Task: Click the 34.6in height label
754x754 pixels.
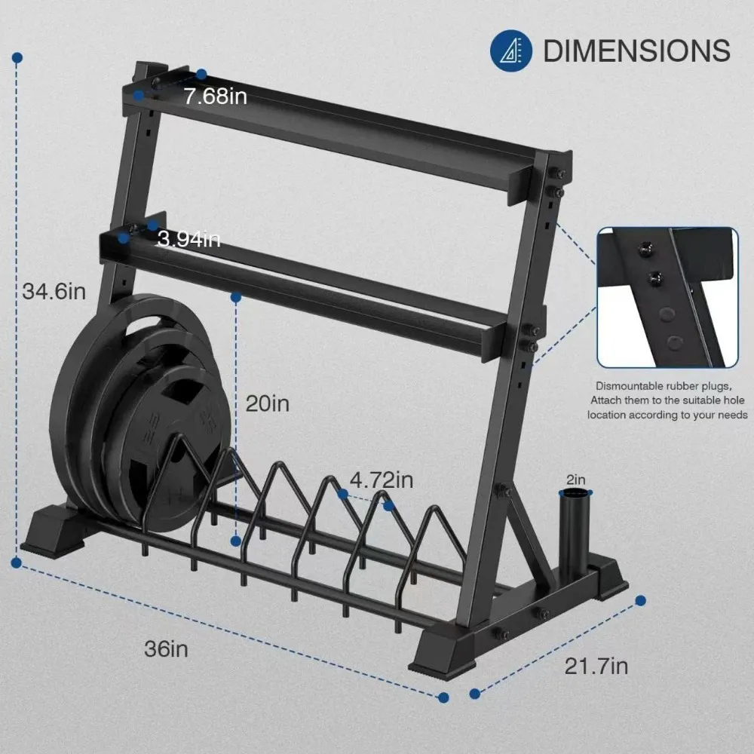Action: click(54, 291)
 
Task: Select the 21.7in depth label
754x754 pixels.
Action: click(596, 666)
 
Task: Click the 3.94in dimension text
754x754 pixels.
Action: click(188, 240)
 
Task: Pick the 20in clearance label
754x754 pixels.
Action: click(268, 403)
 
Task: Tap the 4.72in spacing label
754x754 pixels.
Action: click(381, 480)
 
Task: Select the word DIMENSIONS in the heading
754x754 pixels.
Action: click(636, 51)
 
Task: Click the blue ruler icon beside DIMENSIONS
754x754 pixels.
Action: click(511, 51)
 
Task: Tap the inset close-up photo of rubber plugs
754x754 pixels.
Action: click(667, 298)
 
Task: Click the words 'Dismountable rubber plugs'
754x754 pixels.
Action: click(664, 385)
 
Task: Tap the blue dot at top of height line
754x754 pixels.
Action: click(17, 57)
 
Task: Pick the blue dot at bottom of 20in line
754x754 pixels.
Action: click(236, 541)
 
